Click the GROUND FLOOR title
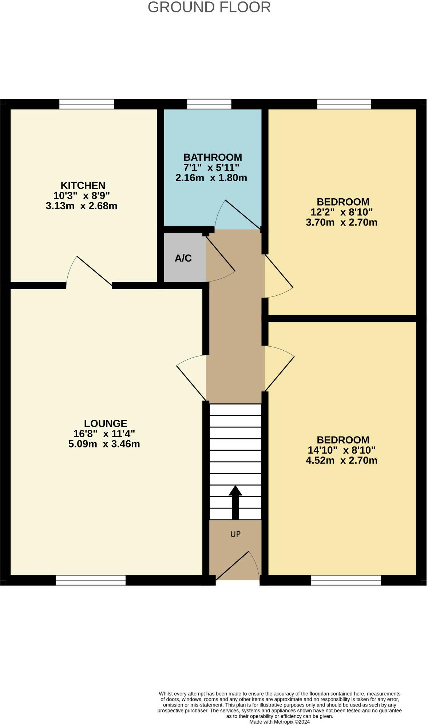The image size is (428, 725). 209,7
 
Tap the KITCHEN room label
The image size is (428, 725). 83,185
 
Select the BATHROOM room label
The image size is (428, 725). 213,158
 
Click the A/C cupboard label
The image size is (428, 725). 183,258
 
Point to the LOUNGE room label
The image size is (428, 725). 106,423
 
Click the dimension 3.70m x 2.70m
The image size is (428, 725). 341,222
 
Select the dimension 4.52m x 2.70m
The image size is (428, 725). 341,461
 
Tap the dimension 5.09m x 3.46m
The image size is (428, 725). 104,444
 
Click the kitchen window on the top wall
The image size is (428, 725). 87,104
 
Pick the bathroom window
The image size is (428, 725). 209,104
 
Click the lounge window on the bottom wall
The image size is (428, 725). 91,580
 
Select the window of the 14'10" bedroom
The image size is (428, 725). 346,580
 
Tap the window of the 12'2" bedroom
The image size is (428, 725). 344,104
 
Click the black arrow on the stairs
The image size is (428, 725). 235,502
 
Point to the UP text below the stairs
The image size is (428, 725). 235,534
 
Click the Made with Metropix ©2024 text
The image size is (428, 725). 280,722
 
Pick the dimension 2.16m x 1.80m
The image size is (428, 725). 211,178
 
